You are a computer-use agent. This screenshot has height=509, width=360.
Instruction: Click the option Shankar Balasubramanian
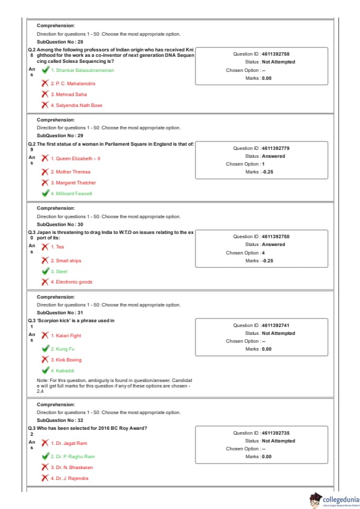tap(82, 70)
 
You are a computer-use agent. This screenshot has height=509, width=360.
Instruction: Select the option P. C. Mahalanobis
tap(73, 83)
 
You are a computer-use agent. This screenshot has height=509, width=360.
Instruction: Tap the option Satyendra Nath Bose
tap(76, 105)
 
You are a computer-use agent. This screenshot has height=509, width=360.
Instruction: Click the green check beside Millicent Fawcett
tap(45, 193)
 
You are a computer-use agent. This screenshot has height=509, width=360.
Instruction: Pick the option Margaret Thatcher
tap(73, 183)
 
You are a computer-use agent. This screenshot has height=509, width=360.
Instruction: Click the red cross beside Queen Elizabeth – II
tap(45, 158)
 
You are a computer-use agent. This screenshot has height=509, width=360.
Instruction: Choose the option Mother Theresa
tap(71, 172)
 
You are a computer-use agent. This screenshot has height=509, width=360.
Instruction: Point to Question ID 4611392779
tap(261, 148)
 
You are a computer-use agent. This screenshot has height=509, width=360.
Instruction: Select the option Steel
tap(59, 271)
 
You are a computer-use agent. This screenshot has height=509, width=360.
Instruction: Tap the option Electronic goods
tap(71, 282)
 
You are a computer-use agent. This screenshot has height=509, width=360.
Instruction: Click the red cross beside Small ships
tap(45, 261)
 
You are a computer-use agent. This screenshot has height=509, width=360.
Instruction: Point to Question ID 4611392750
tap(261, 236)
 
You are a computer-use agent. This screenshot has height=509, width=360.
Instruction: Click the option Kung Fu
tap(62, 349)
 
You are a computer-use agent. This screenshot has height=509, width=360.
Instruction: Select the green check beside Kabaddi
tap(45, 370)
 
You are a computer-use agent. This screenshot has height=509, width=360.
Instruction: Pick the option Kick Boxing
tap(66, 360)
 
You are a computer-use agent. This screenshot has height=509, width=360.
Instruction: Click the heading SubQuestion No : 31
tap(60, 313)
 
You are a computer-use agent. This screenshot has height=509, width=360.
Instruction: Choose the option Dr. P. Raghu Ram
tap(73, 456)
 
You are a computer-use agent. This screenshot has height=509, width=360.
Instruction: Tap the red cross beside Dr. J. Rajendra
tap(45, 478)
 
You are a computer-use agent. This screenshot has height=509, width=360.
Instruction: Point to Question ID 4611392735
tap(261, 433)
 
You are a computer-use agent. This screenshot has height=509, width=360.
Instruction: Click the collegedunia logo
tap(335, 501)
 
